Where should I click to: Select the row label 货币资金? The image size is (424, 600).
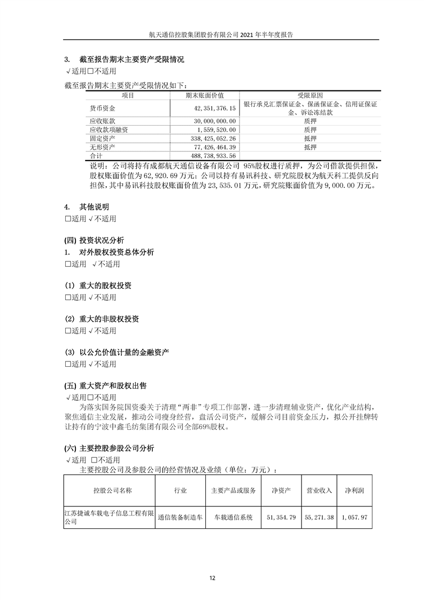click(102, 109)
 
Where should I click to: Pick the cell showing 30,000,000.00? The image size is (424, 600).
click(213, 121)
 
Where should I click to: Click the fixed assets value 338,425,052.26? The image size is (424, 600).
click(212, 139)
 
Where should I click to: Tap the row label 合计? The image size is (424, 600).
click(96, 156)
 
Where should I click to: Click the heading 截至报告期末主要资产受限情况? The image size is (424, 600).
click(128, 60)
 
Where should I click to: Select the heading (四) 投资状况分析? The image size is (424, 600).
click(94, 240)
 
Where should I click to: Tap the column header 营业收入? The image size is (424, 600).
click(319, 490)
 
